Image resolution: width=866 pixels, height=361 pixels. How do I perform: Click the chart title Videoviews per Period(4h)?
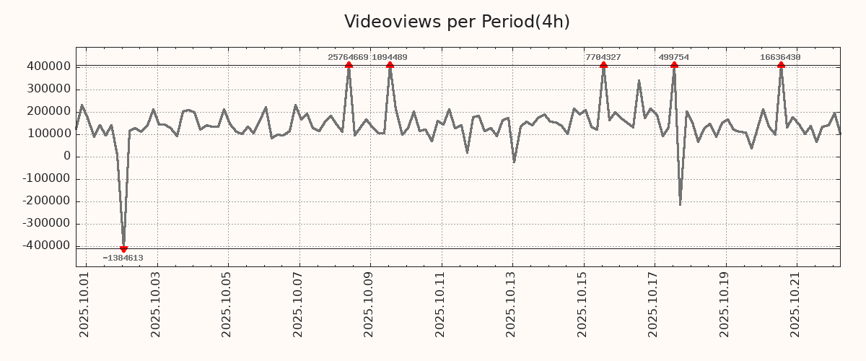pyautogui.click(x=457, y=22)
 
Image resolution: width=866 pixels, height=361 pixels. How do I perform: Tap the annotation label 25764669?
pyautogui.click(x=348, y=57)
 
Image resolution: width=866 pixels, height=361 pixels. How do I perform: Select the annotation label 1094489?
pyautogui.click(x=390, y=57)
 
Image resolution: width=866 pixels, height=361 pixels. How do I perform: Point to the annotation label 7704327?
pyautogui.click(x=603, y=57)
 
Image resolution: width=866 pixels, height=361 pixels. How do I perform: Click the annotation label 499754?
pyautogui.click(x=673, y=57)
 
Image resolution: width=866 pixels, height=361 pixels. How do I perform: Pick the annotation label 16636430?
pyautogui.click(x=780, y=57)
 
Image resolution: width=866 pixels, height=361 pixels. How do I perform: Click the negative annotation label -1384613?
pyautogui.click(x=123, y=258)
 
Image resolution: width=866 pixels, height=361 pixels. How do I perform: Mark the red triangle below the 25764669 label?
pyautogui.click(x=349, y=65)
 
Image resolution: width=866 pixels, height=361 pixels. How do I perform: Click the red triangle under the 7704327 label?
pyautogui.click(x=603, y=65)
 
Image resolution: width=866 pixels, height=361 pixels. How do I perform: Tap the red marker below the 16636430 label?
pyautogui.click(x=781, y=65)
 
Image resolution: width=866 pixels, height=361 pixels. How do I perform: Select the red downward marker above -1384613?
pyautogui.click(x=123, y=249)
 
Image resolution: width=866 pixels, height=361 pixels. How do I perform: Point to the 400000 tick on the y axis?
pyautogui.click(x=47, y=66)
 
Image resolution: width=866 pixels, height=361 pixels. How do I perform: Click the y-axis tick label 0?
pyautogui.click(x=66, y=156)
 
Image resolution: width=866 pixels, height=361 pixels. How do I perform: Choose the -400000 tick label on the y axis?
pyautogui.click(x=45, y=246)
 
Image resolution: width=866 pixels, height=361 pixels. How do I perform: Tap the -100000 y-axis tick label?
pyautogui.click(x=45, y=179)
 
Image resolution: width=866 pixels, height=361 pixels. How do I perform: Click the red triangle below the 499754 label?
pyautogui.click(x=674, y=65)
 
